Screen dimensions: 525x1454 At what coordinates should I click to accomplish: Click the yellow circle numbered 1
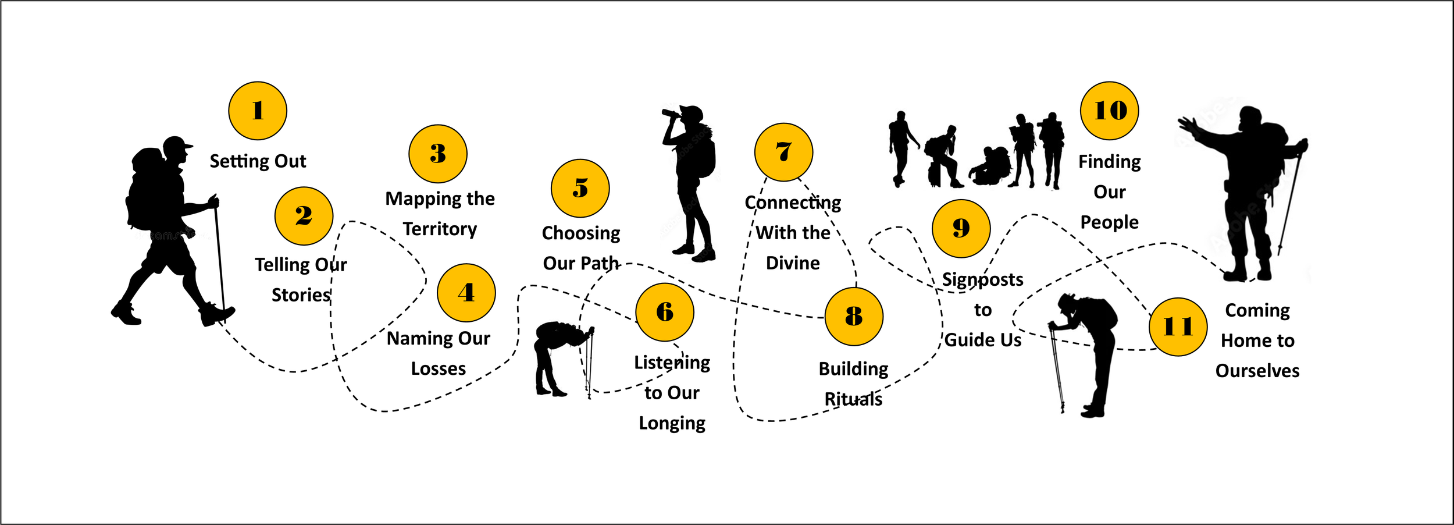point(258,111)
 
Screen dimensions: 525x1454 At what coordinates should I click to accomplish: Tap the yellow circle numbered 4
point(466,292)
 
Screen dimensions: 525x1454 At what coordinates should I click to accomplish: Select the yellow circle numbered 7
point(783,152)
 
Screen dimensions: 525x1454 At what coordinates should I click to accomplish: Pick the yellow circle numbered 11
point(1178,327)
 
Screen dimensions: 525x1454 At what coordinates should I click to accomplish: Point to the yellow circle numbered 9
point(961,228)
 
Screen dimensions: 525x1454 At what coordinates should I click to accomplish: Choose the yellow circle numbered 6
point(664,312)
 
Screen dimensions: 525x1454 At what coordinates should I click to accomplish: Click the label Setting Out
point(258,161)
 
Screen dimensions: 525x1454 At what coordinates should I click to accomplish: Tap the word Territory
point(440,229)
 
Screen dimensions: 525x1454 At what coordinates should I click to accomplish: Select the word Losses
point(438,368)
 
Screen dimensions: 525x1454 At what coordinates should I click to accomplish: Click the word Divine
point(793,263)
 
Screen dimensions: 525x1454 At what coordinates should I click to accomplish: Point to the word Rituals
point(853,399)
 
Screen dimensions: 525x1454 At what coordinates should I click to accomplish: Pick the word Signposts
point(982,280)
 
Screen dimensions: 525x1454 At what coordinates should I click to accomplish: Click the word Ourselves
point(1257,371)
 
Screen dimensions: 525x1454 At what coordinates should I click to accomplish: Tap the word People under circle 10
point(1109,222)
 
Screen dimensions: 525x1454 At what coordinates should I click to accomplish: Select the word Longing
point(672,423)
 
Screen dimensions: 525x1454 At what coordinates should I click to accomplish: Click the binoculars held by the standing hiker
point(671,113)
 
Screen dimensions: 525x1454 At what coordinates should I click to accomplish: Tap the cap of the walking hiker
point(177,143)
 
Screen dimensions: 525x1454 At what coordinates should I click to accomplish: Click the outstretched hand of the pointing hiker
point(1186,126)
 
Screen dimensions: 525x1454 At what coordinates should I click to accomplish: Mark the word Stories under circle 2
point(301,295)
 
